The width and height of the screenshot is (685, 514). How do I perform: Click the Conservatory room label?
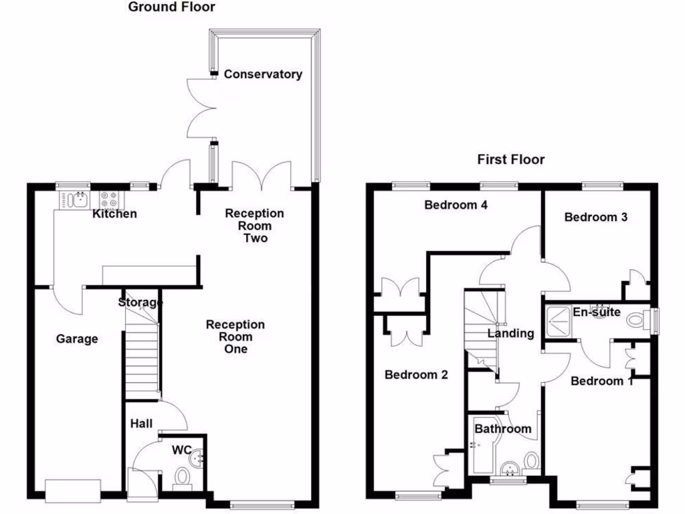[x=262, y=74]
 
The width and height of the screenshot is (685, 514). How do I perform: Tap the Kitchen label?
[x=114, y=214]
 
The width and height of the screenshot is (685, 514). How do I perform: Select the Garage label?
[x=76, y=339]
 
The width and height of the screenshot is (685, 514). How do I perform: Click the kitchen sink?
[x=79, y=199]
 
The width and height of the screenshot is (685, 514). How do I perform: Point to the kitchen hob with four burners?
[x=109, y=199]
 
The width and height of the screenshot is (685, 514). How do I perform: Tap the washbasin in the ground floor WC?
[x=196, y=459]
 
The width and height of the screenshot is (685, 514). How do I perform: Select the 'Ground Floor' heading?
[x=171, y=7]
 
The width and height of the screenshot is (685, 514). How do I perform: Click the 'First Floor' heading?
[x=510, y=159]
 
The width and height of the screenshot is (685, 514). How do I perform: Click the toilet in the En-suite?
[x=638, y=321]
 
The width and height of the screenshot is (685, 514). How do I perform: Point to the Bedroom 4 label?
[x=456, y=205]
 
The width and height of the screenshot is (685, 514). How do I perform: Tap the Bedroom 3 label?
[x=595, y=217]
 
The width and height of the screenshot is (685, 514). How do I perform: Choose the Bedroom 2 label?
[x=415, y=375]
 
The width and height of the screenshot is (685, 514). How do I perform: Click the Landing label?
[x=510, y=333]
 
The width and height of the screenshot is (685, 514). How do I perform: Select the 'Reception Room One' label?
[x=235, y=337]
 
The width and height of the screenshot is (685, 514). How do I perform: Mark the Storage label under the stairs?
[x=140, y=303]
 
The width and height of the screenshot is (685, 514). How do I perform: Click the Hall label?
[x=141, y=424]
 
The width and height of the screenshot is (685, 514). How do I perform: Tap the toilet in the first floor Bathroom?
[x=532, y=460]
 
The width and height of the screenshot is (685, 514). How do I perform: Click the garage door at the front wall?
[x=73, y=491]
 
